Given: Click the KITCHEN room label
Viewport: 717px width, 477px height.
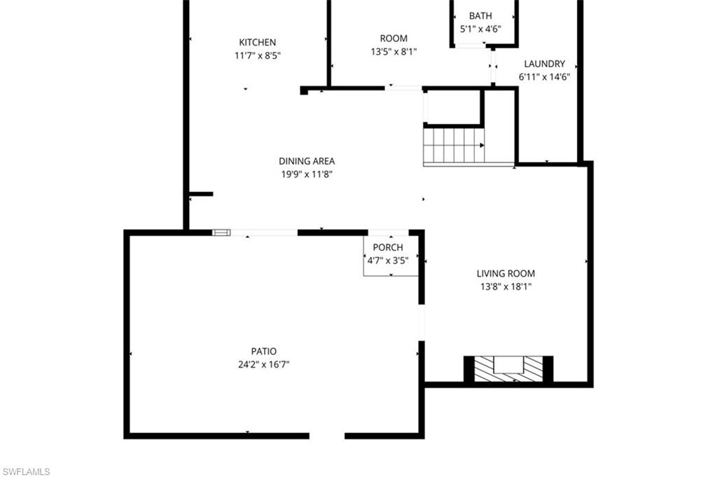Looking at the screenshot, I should pyautogui.click(x=257, y=42).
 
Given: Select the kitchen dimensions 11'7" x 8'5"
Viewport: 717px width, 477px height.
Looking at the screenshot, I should pyautogui.click(x=257, y=55).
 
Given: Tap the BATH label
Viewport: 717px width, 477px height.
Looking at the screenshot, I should pyautogui.click(x=480, y=16).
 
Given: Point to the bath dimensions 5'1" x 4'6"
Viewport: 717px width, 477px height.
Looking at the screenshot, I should pyautogui.click(x=480, y=29).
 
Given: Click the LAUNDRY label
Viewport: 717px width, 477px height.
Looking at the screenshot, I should pyautogui.click(x=544, y=64).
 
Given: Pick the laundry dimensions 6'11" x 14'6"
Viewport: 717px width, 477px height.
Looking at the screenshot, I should pyautogui.click(x=544, y=77).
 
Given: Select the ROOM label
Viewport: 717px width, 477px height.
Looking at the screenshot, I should pyautogui.click(x=394, y=39).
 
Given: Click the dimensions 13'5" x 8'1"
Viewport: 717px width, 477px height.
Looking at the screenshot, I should pyautogui.click(x=394, y=52).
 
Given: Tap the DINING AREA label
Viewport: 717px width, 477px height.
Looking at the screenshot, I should pyautogui.click(x=307, y=161).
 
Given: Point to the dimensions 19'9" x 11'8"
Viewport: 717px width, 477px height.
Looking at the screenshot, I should pyautogui.click(x=307, y=174).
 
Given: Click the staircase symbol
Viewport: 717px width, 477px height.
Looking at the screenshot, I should pyautogui.click(x=454, y=146).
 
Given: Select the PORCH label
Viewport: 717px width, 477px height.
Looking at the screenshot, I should pyautogui.click(x=388, y=247).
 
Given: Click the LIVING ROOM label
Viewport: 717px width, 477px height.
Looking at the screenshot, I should pyautogui.click(x=506, y=273).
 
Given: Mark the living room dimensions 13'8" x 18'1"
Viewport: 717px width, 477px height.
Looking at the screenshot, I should pyautogui.click(x=506, y=286).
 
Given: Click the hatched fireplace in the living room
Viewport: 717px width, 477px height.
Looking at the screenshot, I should pyautogui.click(x=508, y=368).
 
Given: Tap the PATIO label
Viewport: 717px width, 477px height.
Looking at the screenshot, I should pyautogui.click(x=264, y=351).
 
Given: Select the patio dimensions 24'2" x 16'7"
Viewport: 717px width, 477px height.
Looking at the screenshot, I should pyautogui.click(x=264, y=364).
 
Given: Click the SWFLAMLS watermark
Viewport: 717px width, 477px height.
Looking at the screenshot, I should pyautogui.click(x=27, y=471).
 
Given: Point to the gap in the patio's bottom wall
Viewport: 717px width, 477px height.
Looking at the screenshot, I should pyautogui.click(x=327, y=436).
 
